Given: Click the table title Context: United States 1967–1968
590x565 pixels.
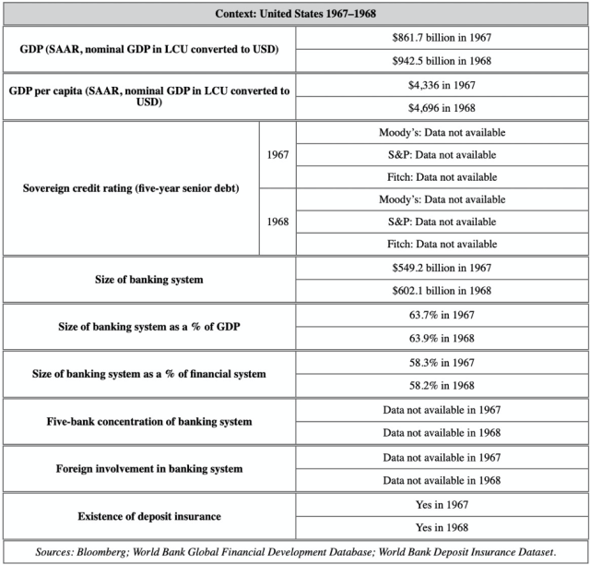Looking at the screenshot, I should click(x=295, y=14).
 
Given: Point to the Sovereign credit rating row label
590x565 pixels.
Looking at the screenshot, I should click(x=131, y=188).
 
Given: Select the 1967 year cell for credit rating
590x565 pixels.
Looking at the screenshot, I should click(x=277, y=154).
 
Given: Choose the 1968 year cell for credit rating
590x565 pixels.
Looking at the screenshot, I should click(x=277, y=222).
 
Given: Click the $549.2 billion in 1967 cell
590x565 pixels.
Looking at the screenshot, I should click(x=441, y=268).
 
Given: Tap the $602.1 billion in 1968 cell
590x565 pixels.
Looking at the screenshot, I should click(x=441, y=290).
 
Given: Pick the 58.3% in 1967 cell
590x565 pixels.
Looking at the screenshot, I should click(x=441, y=362).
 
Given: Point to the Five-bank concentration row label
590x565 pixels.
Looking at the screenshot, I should click(x=148, y=421).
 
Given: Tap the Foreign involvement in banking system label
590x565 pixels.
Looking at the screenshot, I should click(x=148, y=469).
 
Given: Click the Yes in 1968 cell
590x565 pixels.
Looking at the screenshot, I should click(x=441, y=527).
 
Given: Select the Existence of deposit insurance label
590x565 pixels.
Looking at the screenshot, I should click(x=148, y=516).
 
